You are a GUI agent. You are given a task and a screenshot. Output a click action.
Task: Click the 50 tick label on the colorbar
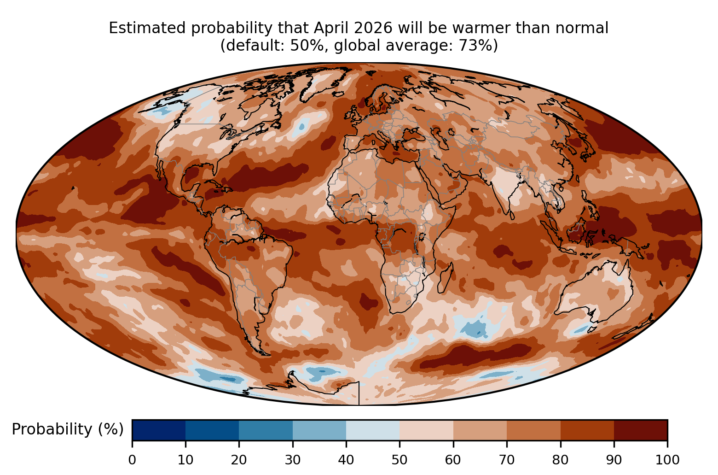[400, 460]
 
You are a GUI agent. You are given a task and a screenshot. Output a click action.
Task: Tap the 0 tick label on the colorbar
[132, 460]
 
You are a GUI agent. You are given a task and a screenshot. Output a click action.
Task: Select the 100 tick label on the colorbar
[667, 460]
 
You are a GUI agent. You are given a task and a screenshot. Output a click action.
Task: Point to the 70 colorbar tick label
[507, 460]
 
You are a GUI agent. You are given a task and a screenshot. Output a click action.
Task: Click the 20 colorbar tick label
[239, 460]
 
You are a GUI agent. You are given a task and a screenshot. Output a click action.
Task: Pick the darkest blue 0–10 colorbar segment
[159, 430]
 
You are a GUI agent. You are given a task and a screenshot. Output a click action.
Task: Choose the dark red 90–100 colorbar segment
[641, 430]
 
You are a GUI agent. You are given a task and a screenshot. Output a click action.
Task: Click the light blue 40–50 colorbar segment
[373, 430]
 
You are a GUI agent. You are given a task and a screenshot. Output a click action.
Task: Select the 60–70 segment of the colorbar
[480, 430]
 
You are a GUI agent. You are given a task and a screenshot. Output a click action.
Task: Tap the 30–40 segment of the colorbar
[319, 430]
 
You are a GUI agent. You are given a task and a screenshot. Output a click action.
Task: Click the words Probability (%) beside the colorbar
[68, 429]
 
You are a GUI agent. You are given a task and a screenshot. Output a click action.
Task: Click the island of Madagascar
[445, 278]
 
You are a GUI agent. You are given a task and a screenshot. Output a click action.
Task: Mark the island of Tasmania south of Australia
[591, 330]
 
